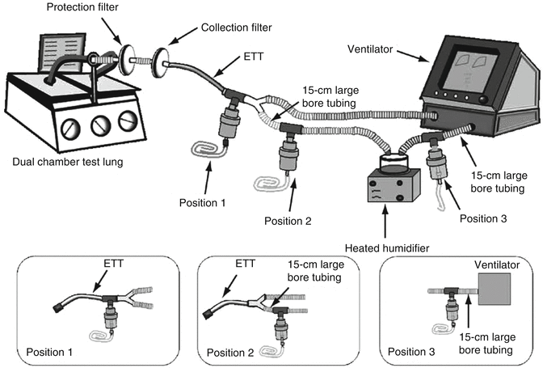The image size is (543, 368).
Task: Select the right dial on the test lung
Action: (x=128, y=121)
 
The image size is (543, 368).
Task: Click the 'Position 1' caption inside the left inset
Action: (x=52, y=352)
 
